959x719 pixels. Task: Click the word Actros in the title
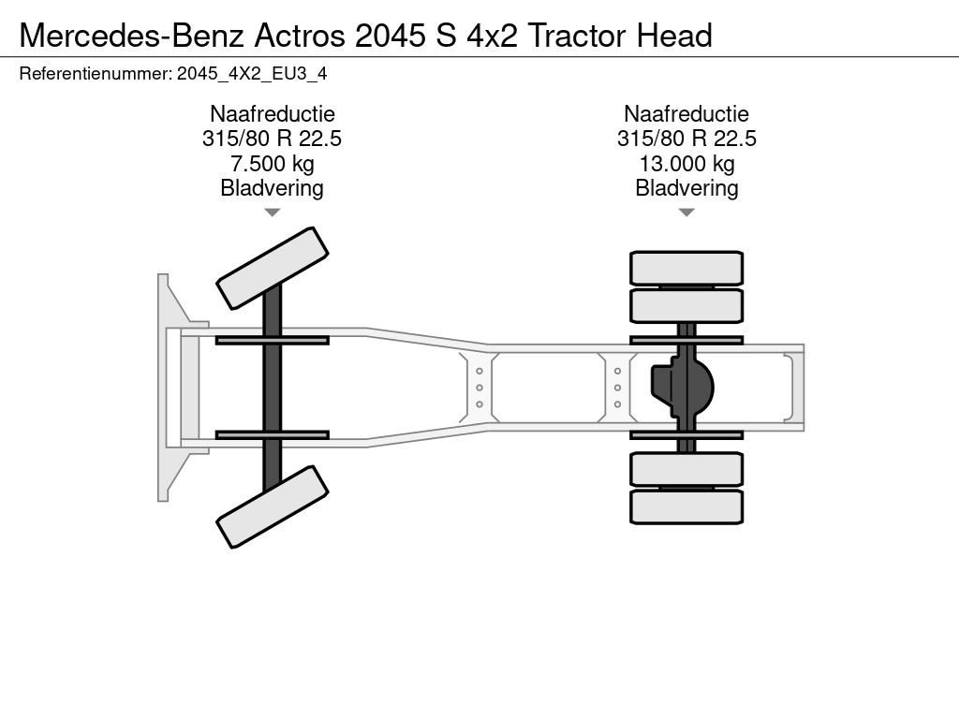point(299,36)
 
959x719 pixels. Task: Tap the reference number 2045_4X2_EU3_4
point(252,74)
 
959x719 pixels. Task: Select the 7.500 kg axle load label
point(273,164)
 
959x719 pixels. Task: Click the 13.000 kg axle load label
point(686,164)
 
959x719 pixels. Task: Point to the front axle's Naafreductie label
point(273,113)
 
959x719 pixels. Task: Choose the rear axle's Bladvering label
point(686,188)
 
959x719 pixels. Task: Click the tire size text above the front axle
point(273,139)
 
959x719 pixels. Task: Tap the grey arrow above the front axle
point(273,213)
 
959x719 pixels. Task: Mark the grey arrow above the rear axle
point(686,213)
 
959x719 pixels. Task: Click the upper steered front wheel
point(273,269)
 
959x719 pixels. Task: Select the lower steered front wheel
point(273,506)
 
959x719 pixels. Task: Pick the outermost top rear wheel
point(686,268)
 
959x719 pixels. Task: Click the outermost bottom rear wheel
point(686,506)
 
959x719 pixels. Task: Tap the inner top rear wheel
point(686,306)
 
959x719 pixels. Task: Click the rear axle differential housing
point(683,388)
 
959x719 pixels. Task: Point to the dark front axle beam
point(273,388)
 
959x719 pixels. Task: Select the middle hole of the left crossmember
point(479,388)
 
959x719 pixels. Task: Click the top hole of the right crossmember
point(618,371)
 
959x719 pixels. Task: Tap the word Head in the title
point(674,36)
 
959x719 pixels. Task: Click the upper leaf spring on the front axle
point(273,341)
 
